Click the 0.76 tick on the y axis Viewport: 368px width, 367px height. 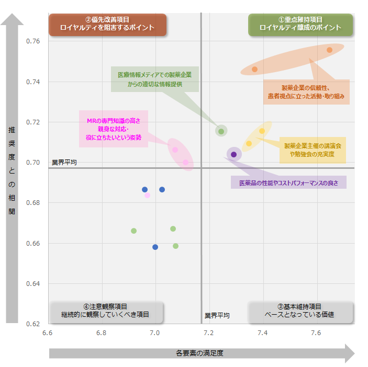pyautogui.click(x=32, y=41)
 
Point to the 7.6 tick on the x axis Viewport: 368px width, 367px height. pyautogui.click(x=316, y=333)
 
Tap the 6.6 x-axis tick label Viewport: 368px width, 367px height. pyautogui.click(x=48, y=333)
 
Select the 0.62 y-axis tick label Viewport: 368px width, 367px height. pyautogui.click(x=32, y=324)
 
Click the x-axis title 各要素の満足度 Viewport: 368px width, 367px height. pyautogui.click(x=200, y=353)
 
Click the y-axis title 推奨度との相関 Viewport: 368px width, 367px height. pyautogui.click(x=12, y=171)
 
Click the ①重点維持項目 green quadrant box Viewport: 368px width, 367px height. pyautogui.click(x=300, y=24)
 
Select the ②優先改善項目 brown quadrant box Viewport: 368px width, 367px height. pyautogui.click(x=107, y=24)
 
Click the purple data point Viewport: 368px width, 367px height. pyautogui.click(x=233, y=154)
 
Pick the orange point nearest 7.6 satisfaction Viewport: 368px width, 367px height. pyautogui.click(x=329, y=50)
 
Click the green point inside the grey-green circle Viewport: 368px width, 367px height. pyautogui.click(x=221, y=131)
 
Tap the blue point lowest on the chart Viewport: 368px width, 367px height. pyautogui.click(x=155, y=247)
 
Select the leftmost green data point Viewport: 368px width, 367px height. pyautogui.click(x=133, y=231)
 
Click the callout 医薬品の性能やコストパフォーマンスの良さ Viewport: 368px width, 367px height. pyautogui.click(x=288, y=183)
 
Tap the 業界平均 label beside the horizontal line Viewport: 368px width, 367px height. pyautogui.click(x=64, y=163)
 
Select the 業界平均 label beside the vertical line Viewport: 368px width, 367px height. pyautogui.click(x=217, y=316)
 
